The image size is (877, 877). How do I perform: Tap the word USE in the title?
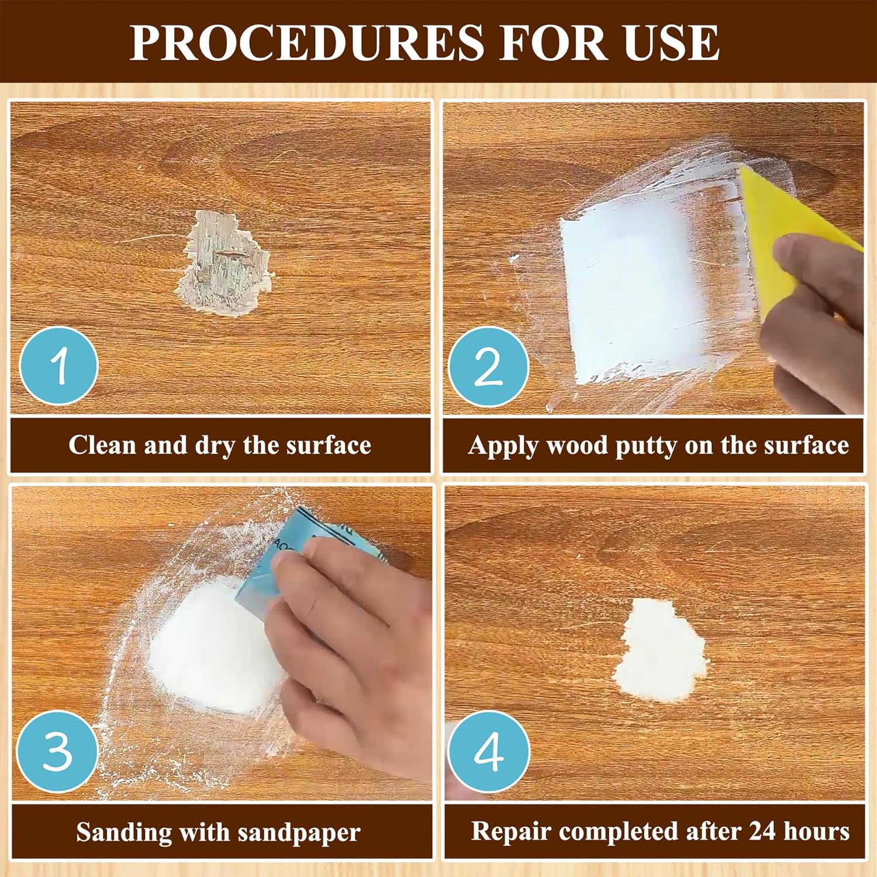pyautogui.click(x=671, y=42)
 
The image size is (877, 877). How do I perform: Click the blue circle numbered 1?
pyautogui.click(x=58, y=366)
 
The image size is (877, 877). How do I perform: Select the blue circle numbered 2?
pyautogui.click(x=489, y=367)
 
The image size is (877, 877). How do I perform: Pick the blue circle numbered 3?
pyautogui.click(x=57, y=751)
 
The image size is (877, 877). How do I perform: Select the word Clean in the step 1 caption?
pyautogui.click(x=102, y=445)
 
